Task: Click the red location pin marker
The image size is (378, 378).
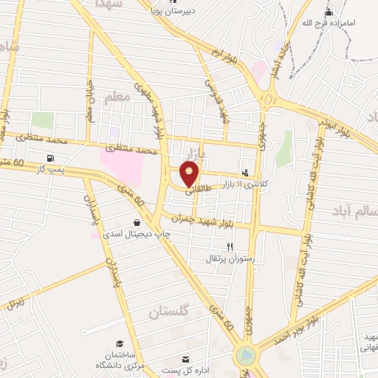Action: [x=190, y=175]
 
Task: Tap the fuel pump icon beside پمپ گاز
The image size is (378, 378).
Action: [x=49, y=157]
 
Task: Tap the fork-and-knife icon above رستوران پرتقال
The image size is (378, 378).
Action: [x=230, y=247]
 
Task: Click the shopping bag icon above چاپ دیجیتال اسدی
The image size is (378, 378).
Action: [x=137, y=222]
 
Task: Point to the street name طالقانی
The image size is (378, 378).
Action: [x=187, y=190]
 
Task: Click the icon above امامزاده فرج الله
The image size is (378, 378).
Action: [x=329, y=12]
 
